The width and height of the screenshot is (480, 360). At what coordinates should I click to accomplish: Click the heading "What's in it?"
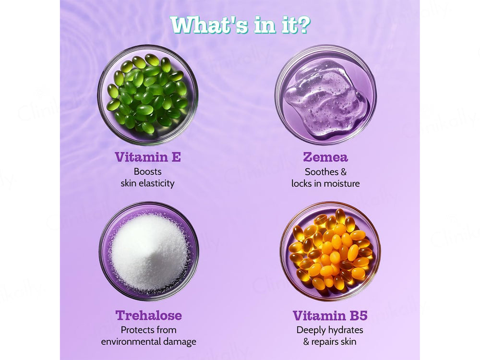(x=240, y=24)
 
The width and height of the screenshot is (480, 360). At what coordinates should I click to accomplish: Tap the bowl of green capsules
(x=148, y=95)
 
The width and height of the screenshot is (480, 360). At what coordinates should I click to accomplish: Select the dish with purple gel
(x=326, y=95)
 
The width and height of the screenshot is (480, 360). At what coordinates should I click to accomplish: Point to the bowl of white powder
(x=149, y=251)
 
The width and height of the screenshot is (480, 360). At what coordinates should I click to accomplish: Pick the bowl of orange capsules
(x=330, y=251)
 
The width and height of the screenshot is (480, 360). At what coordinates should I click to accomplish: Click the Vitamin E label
(x=148, y=157)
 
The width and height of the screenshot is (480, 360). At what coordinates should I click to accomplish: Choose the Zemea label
(x=325, y=157)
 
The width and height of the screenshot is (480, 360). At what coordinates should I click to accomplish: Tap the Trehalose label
(x=149, y=315)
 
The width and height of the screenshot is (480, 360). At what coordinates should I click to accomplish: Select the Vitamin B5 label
(x=330, y=315)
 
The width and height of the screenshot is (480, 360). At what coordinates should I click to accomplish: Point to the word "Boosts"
(x=147, y=171)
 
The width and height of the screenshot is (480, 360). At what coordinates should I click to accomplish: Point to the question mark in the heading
(x=303, y=24)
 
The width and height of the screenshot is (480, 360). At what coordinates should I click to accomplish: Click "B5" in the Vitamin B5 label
(x=359, y=315)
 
